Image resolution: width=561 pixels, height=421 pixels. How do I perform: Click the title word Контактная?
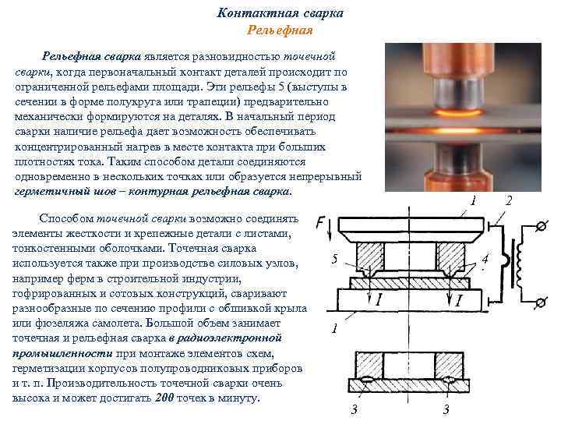(x=258, y=13)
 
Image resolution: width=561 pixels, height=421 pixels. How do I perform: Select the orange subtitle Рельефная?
(x=280, y=30)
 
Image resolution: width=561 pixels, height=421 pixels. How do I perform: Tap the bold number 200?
(x=164, y=398)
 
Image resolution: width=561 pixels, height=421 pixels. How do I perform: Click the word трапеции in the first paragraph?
(x=213, y=102)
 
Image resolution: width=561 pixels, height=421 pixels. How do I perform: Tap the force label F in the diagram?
(x=320, y=224)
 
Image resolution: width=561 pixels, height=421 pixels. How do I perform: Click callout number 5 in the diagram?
(x=334, y=259)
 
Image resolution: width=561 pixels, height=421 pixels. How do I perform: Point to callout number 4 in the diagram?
(x=485, y=259)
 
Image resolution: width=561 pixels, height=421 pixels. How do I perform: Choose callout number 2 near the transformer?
(x=509, y=200)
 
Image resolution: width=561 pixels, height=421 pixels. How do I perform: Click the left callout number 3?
(x=355, y=409)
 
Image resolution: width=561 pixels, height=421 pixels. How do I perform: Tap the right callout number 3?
(x=446, y=409)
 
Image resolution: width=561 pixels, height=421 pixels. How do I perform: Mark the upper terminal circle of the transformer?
(x=542, y=226)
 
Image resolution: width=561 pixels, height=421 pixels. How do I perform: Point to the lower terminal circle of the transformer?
(x=542, y=302)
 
